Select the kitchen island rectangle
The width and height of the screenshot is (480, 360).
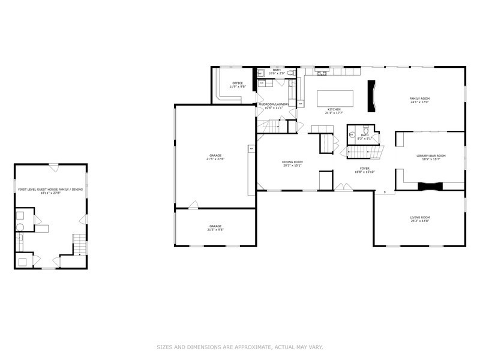pos(335,98)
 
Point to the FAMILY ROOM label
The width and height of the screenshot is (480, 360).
pos(419,98)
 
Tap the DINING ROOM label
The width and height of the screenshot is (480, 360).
pos(292,161)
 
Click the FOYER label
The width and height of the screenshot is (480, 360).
pos(364,169)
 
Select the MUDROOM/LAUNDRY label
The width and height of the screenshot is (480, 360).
pos(274,104)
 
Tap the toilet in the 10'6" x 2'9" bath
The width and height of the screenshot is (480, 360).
pos(290,73)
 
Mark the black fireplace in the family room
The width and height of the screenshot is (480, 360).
pos(373,96)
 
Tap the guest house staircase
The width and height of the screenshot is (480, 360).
pos(79,244)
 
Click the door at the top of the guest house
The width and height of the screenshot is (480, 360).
pos(53,165)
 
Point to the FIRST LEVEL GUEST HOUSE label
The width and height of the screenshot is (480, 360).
pos(50,189)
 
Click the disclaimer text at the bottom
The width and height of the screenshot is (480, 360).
pos(240,347)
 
